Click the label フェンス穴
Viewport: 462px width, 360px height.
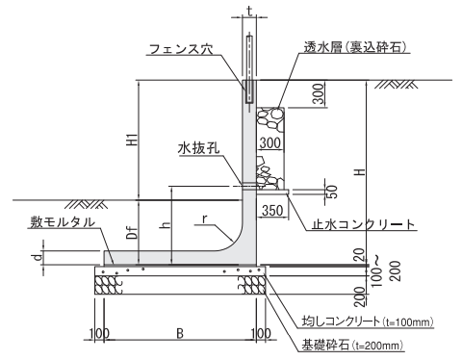point(181,49)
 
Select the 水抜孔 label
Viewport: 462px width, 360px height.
point(199,148)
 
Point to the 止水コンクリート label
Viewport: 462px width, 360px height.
point(364,224)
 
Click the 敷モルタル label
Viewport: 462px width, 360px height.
point(63,222)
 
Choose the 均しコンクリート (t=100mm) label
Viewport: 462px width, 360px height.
point(368,321)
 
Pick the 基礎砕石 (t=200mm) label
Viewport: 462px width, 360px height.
point(352,346)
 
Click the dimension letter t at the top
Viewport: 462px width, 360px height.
point(249,11)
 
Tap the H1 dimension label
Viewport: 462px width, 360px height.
point(133,140)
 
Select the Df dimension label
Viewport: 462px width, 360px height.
point(133,232)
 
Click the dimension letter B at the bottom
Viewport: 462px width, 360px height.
point(180,333)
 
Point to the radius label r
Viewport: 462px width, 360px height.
point(205,219)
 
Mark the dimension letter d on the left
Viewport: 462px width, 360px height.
point(38,257)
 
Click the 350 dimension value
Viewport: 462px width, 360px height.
point(272,211)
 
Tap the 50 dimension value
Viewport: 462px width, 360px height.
point(332,192)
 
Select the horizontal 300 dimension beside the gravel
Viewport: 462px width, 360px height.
point(270,143)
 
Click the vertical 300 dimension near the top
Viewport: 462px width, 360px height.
point(318,93)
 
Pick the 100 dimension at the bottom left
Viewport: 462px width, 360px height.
point(99,333)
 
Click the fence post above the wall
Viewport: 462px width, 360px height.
point(249,68)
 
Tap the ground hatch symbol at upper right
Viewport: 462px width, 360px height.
point(397,84)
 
